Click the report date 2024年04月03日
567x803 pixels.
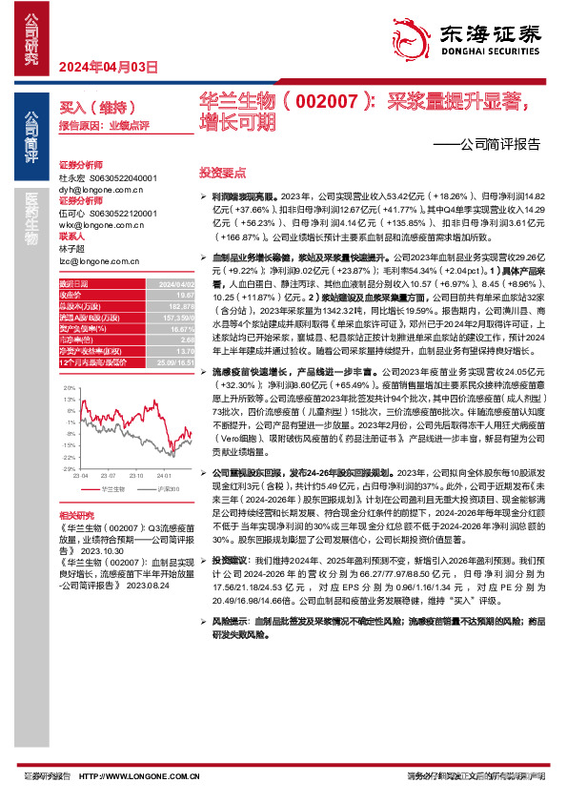click(x=107, y=67)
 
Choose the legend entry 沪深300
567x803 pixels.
click(x=159, y=488)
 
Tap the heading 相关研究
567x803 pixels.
click(x=77, y=515)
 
